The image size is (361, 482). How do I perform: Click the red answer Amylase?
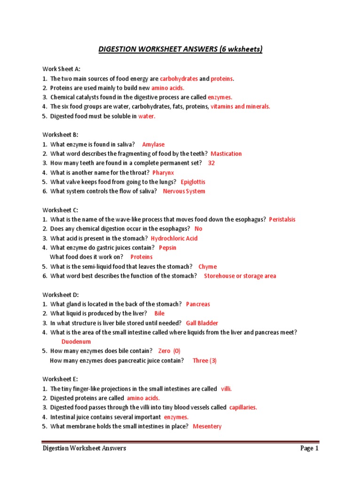(x=153, y=145)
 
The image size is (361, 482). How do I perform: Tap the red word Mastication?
(x=226, y=154)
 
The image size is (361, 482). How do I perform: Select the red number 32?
(x=211, y=163)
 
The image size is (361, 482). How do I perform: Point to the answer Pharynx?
(x=163, y=173)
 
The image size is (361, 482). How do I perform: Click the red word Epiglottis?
(x=193, y=182)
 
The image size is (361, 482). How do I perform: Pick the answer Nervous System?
(x=184, y=192)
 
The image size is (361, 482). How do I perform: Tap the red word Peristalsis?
(x=282, y=220)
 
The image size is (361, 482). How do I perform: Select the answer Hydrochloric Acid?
(x=174, y=239)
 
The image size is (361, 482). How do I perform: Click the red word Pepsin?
(x=167, y=248)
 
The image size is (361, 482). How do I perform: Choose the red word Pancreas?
(x=198, y=305)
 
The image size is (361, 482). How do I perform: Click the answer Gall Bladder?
(x=202, y=323)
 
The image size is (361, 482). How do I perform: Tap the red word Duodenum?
(x=76, y=342)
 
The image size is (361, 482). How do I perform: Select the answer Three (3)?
(x=204, y=361)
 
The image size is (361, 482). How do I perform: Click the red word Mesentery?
(x=207, y=426)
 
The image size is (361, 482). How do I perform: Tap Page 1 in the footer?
(x=309, y=449)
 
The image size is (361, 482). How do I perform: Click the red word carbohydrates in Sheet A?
(x=179, y=79)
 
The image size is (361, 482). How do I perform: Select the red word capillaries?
(x=243, y=408)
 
